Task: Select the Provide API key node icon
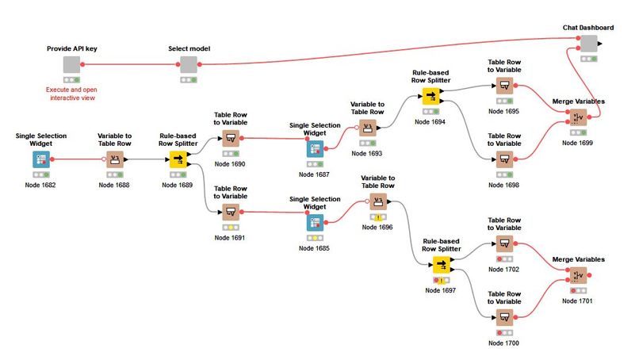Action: pyautogui.click(x=72, y=65)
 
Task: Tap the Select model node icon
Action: pyautogui.click(x=188, y=65)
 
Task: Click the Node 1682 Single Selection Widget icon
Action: pyautogui.click(x=40, y=159)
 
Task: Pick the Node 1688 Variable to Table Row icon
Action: pyautogui.click(x=117, y=159)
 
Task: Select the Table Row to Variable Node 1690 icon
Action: pyautogui.click(x=230, y=137)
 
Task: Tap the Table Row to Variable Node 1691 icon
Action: pyautogui.click(x=230, y=212)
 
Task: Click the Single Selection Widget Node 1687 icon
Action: pyautogui.click(x=315, y=148)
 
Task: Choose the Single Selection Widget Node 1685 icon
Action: pyautogui.click(x=315, y=223)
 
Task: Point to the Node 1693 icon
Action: pyautogui.click(x=367, y=127)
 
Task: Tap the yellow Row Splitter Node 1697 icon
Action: pyautogui.click(x=442, y=264)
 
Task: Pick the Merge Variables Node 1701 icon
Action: pyautogui.click(x=578, y=275)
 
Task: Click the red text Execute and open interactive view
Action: pyautogui.click(x=72, y=94)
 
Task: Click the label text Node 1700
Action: pyautogui.click(x=504, y=343)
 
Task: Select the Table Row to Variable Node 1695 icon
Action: pyautogui.click(x=504, y=86)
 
